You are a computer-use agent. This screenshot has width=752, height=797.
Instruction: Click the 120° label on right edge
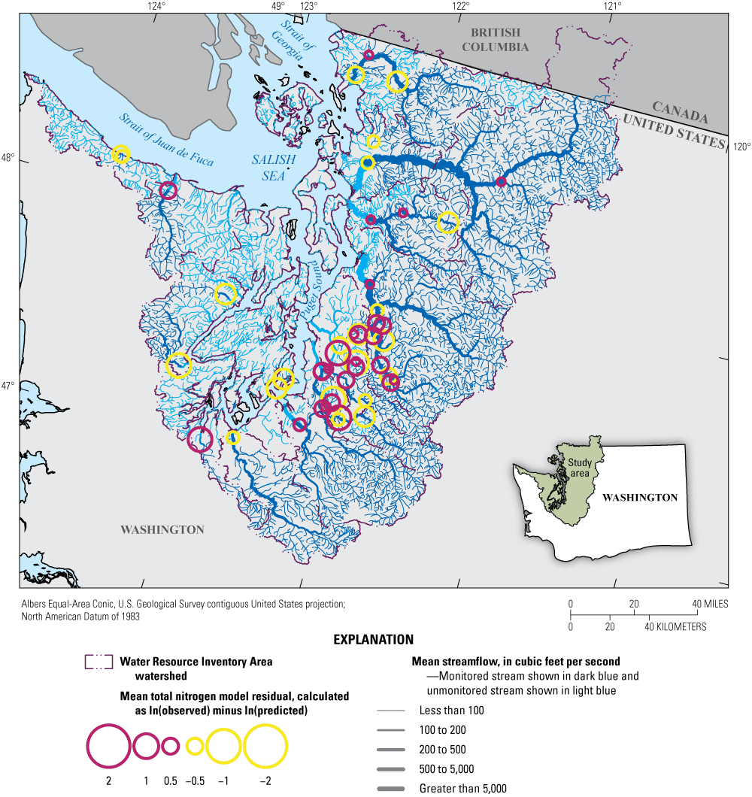[741, 147]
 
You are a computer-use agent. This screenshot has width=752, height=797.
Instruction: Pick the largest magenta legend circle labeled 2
[109, 746]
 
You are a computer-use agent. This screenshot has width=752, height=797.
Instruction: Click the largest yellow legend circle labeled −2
[265, 746]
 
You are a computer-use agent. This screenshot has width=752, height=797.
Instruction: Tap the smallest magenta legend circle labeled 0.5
[171, 746]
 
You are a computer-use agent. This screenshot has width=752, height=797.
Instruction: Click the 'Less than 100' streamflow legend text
[451, 711]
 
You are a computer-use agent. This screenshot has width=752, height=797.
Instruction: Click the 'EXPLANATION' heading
[374, 640]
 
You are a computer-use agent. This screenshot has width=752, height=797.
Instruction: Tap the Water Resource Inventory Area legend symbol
[99, 662]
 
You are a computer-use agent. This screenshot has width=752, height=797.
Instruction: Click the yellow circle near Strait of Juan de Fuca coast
[120, 153]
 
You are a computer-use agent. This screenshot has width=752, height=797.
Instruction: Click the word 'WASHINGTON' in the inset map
[639, 497]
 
